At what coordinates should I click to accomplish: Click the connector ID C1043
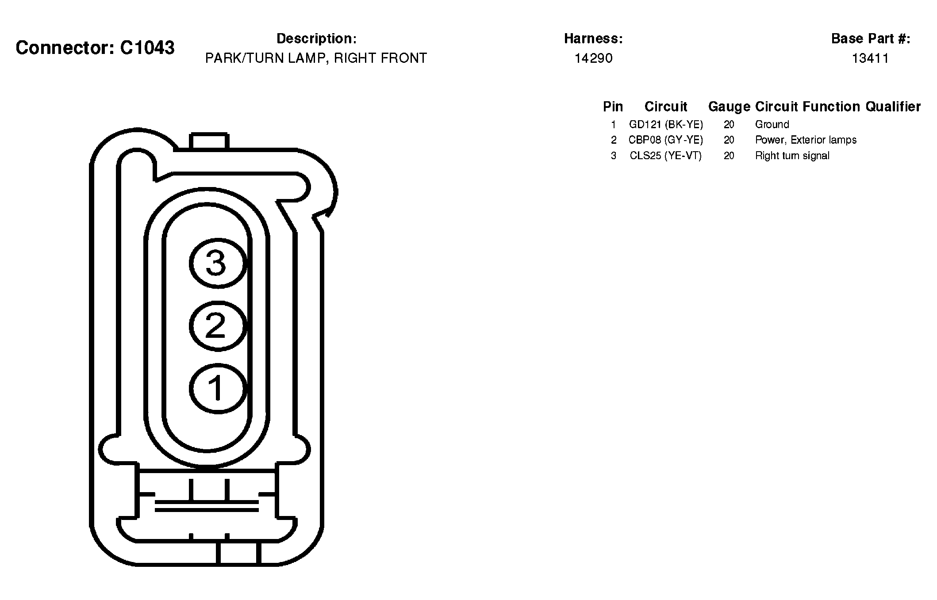pyautogui.click(x=147, y=48)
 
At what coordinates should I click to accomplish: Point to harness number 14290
pyautogui.click(x=593, y=58)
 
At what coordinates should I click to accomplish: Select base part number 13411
pyautogui.click(x=870, y=58)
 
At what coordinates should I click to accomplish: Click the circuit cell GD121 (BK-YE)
pyautogui.click(x=666, y=124)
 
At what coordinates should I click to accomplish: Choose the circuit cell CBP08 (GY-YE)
pyautogui.click(x=666, y=140)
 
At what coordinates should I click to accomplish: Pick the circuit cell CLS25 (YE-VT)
pyautogui.click(x=666, y=156)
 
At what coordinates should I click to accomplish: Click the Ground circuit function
pyautogui.click(x=772, y=124)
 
